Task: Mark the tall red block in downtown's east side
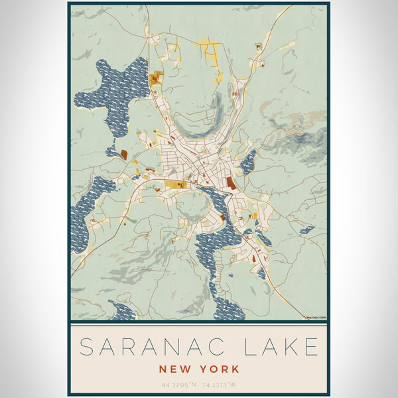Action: pos(230,182)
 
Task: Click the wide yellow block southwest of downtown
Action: pos(175,185)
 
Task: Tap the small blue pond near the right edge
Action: pos(306,230)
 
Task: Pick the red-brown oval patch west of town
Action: pos(123,155)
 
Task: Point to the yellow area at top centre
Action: pos(209,48)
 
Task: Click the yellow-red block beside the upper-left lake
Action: pos(157,79)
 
